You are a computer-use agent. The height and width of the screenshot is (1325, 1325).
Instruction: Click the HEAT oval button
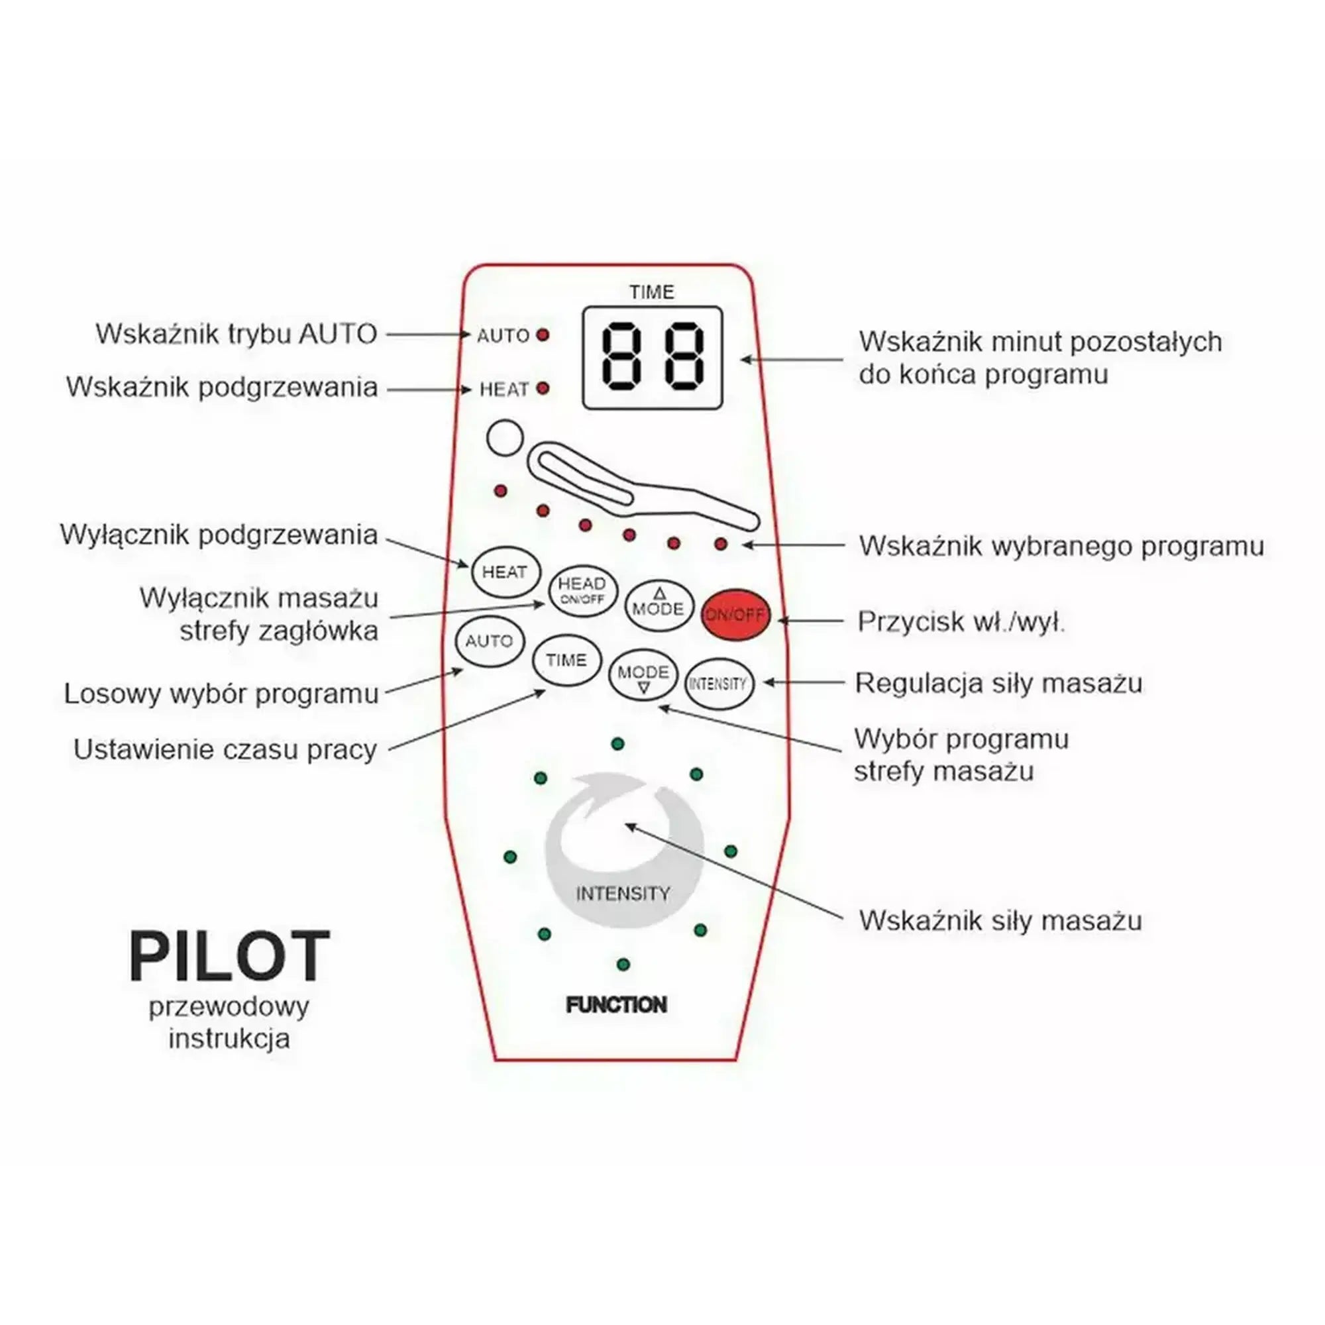click(505, 572)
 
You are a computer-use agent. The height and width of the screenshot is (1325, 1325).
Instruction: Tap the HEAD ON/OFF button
click(582, 591)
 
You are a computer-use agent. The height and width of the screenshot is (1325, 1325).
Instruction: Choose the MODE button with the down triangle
click(643, 675)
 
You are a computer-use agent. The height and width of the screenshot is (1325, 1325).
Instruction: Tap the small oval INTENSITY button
click(719, 684)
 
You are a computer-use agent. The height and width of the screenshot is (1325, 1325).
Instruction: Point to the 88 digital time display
click(652, 357)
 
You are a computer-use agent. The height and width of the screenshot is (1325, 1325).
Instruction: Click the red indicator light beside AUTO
click(543, 335)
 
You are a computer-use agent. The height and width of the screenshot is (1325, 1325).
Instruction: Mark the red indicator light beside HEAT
click(543, 388)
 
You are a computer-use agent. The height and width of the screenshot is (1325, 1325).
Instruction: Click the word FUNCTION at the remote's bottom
click(616, 1006)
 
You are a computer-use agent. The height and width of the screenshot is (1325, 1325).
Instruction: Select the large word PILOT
click(229, 956)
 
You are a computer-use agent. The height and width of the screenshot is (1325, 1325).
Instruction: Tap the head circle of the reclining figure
click(505, 437)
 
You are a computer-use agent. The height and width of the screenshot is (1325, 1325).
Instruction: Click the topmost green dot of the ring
click(617, 743)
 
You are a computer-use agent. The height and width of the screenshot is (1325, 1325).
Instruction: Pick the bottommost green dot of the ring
click(623, 964)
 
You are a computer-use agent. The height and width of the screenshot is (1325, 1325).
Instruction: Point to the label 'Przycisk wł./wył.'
click(961, 622)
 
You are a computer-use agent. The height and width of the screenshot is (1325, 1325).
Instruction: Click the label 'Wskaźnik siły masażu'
click(1000, 920)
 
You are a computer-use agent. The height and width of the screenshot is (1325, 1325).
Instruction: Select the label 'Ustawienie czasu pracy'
click(225, 749)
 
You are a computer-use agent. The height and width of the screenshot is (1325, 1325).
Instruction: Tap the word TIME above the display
click(651, 292)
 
